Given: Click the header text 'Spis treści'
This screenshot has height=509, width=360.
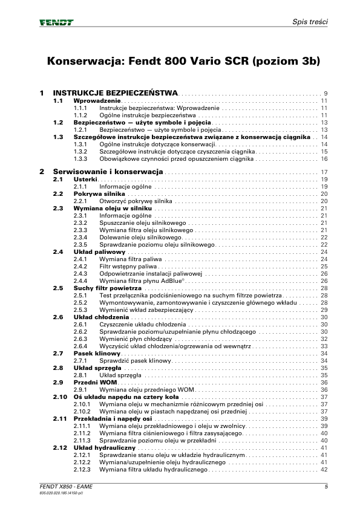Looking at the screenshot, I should tap(310, 22).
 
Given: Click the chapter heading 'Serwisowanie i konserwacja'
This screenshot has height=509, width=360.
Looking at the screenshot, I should tap(108, 172).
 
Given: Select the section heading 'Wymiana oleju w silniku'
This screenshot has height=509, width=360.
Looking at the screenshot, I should tap(112, 208).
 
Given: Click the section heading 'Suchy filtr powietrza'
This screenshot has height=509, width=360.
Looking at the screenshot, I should tap(107, 288).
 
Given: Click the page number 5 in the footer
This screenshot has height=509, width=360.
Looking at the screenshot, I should tap(326, 487).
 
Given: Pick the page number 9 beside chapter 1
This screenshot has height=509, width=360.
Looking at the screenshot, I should tap(326, 94).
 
